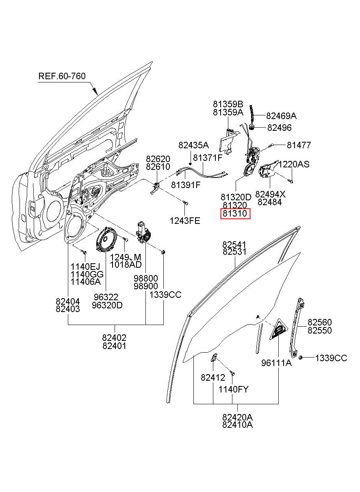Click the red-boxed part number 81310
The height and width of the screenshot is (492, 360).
pyautogui.click(x=235, y=213)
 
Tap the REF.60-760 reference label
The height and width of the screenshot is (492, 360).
pyautogui.click(x=62, y=76)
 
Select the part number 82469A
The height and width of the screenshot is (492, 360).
pyautogui.click(x=281, y=116)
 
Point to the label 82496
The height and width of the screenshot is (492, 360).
pyautogui.click(x=279, y=128)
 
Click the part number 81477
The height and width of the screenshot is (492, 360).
pyautogui.click(x=299, y=145)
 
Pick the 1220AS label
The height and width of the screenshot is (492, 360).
pyautogui.click(x=294, y=164)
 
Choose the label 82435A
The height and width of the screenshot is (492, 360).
pyautogui.click(x=193, y=145)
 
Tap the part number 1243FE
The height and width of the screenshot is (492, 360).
pyautogui.click(x=185, y=221)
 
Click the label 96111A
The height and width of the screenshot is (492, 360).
pyautogui.click(x=276, y=363)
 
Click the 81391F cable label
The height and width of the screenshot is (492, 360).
pyautogui.click(x=186, y=185)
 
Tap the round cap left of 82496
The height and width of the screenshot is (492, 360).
pyautogui.click(x=252, y=127)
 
